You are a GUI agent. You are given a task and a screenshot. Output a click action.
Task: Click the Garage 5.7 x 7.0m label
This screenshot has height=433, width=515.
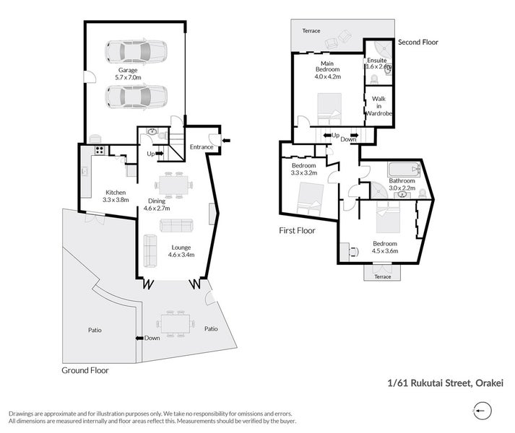tap(128, 74)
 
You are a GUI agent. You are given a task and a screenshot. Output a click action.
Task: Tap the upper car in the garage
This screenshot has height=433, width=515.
tap(136, 52)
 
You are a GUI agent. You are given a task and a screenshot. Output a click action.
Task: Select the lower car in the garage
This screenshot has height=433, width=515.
tap(136, 97)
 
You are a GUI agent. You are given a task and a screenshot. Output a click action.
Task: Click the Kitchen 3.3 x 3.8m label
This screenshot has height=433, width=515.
tap(116, 196)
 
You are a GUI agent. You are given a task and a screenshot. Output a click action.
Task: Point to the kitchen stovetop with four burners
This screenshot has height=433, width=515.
tap(100, 150)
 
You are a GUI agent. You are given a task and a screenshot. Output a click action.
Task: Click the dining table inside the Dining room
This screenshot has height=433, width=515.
tap(174, 185)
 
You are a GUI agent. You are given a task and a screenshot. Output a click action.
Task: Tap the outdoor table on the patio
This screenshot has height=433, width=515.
tap(175, 324)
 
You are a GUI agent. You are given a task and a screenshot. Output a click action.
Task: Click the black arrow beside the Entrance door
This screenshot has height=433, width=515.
tap(226, 141)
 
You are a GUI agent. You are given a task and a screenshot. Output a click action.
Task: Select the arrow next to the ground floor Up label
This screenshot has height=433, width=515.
tap(160, 153)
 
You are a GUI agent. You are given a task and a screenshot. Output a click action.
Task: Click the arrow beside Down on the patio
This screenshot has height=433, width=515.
tap(139, 338)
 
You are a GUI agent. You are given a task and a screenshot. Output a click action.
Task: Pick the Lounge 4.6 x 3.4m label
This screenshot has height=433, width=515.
tap(181, 251)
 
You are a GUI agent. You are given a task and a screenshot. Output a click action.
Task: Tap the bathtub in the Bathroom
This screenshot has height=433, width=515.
tap(404, 170)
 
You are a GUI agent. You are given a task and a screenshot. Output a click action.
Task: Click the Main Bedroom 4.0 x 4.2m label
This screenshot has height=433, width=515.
tap(327, 70)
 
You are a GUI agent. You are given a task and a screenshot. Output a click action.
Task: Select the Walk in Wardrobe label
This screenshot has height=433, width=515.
tap(378, 106)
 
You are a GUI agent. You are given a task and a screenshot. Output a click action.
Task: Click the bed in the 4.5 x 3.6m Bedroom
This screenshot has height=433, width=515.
tap(388, 217)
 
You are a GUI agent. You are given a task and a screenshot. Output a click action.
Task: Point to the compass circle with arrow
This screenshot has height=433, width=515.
tap(482, 411)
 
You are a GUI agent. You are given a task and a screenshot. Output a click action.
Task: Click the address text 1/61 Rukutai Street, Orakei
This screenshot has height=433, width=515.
tap(446, 383)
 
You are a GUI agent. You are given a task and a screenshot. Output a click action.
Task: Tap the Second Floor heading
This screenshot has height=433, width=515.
tap(418, 42)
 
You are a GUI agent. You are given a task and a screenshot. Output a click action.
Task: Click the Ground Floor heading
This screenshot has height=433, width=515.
tap(85, 370)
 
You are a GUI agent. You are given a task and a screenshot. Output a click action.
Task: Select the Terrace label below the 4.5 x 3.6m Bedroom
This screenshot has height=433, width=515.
tap(383, 276)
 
